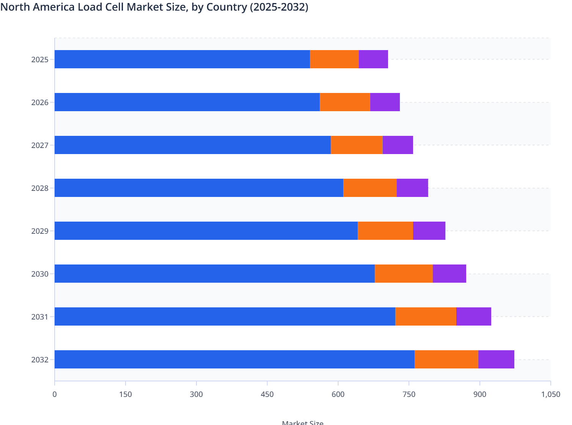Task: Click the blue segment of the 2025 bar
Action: point(182,59)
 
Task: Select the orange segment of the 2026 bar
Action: point(345,102)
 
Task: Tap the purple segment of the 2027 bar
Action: point(398,145)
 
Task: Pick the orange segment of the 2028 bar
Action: point(370,188)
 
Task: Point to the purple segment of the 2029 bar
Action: point(429,231)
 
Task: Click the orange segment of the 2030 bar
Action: point(404,274)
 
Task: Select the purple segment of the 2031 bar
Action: point(473,316)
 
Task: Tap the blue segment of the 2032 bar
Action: point(234,359)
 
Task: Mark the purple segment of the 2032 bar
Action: point(496,359)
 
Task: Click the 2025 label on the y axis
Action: point(40,60)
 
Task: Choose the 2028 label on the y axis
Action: point(40,188)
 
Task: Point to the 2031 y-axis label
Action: point(40,317)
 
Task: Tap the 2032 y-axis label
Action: point(40,360)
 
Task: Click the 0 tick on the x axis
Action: point(55,394)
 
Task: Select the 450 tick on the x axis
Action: point(267,394)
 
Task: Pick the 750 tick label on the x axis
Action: point(409,394)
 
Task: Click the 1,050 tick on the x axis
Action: point(550,394)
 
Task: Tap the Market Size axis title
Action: point(302,422)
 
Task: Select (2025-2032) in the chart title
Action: point(279,7)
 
